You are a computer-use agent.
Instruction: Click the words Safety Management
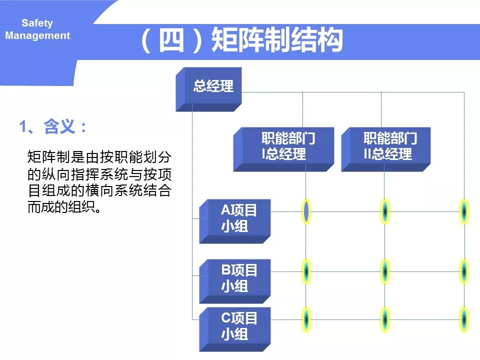pyautogui.click(x=37, y=29)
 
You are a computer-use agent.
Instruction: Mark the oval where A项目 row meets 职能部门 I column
pyautogui.click(x=306, y=211)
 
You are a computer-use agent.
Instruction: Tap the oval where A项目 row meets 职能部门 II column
pyautogui.click(x=384, y=211)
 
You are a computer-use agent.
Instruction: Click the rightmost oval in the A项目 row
pyautogui.click(x=464, y=211)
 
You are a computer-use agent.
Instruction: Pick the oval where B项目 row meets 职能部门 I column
pyautogui.click(x=306, y=271)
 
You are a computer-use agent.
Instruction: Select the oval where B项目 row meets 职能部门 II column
pyautogui.click(x=384, y=271)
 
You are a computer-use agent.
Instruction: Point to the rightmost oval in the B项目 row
pyautogui.click(x=464, y=271)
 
